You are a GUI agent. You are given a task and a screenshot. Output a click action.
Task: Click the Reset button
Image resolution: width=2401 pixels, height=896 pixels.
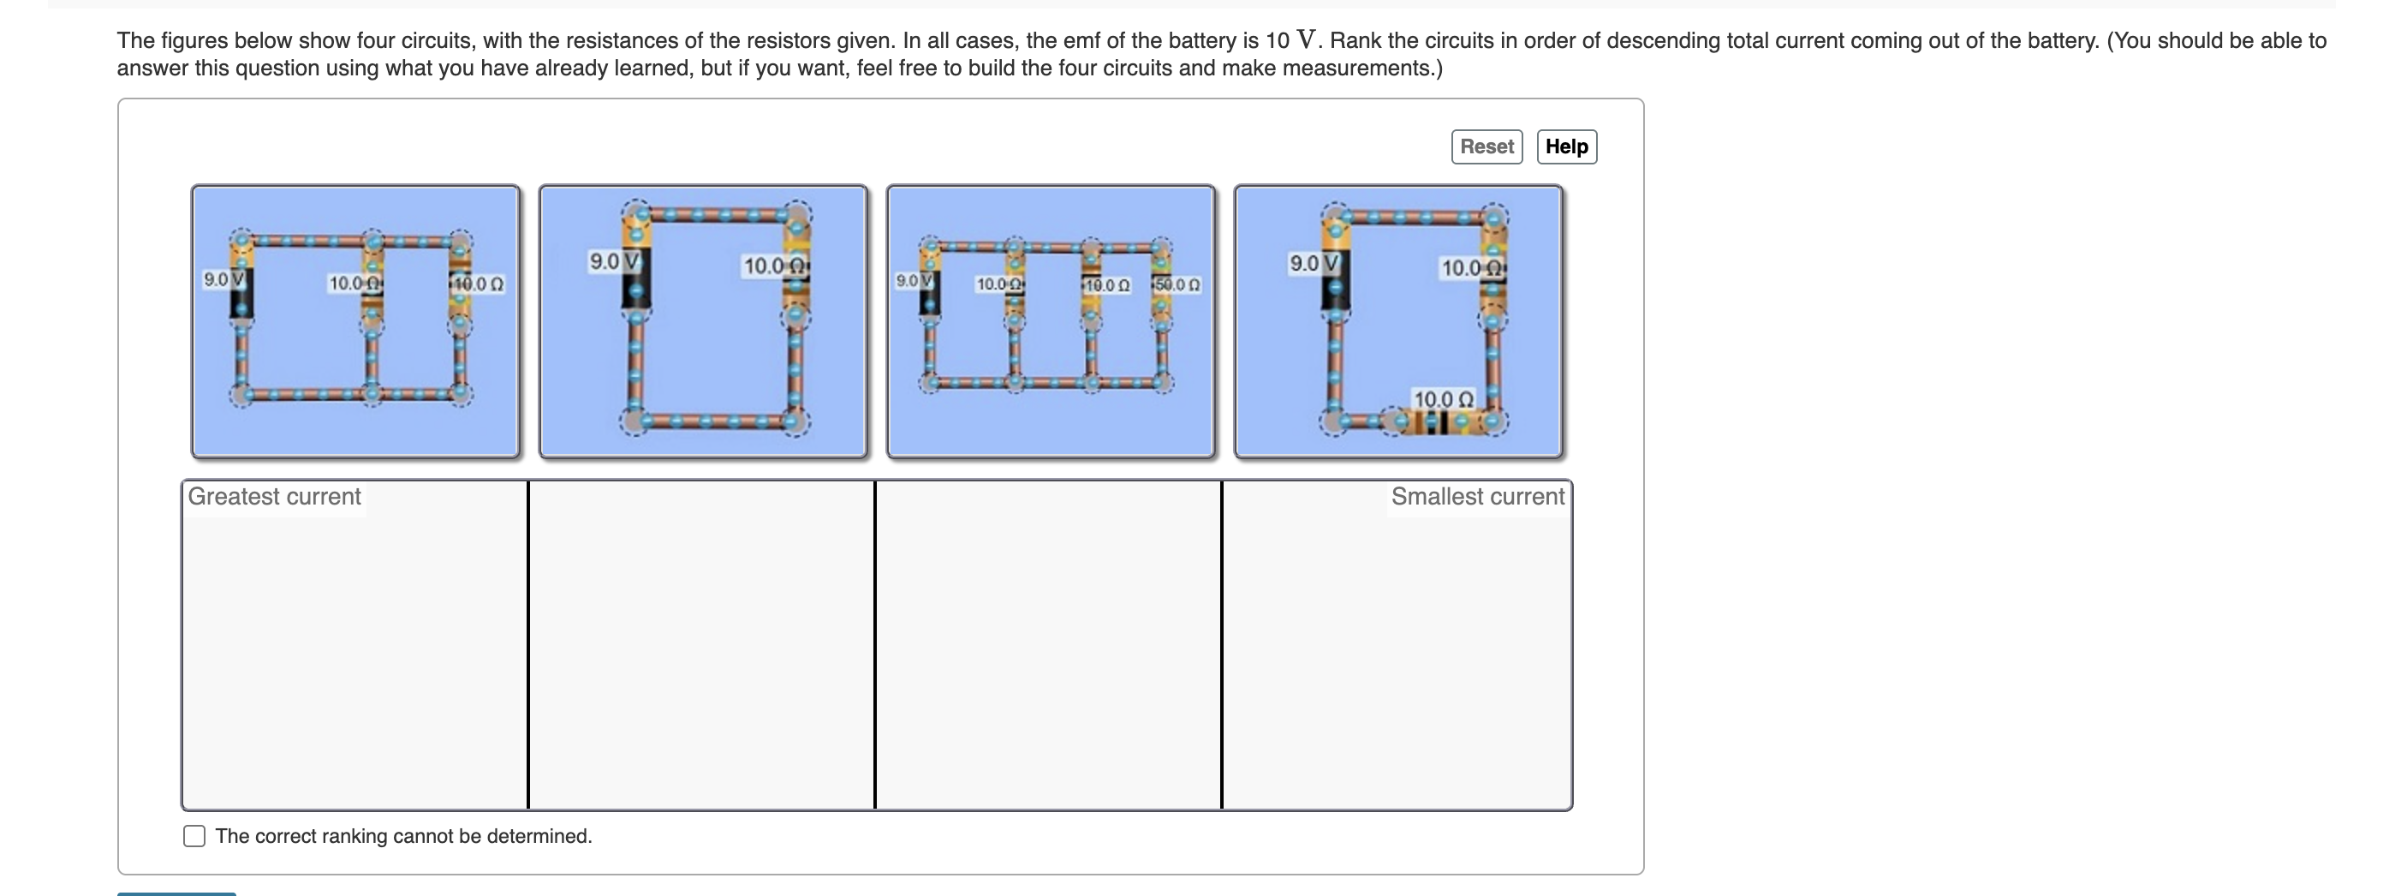[1486, 146]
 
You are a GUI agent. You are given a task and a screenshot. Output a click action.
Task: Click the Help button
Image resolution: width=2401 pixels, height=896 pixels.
[1566, 146]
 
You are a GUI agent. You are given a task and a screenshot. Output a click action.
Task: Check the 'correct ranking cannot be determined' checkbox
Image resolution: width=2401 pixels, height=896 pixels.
[194, 835]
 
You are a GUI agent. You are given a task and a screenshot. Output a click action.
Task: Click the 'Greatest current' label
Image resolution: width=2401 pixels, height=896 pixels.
[274, 496]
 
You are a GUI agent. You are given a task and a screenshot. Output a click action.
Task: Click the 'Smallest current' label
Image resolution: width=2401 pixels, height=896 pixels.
[1476, 496]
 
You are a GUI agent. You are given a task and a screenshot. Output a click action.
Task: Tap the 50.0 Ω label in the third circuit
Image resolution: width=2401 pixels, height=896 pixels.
[1177, 284]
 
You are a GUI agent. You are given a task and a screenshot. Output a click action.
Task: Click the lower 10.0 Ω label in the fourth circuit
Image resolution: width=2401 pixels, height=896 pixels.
[1443, 399]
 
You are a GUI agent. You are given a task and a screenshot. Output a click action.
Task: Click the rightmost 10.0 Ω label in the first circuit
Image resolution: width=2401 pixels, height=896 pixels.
[479, 284]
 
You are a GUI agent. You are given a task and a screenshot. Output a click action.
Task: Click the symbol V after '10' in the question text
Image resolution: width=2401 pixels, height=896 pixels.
[1307, 39]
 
